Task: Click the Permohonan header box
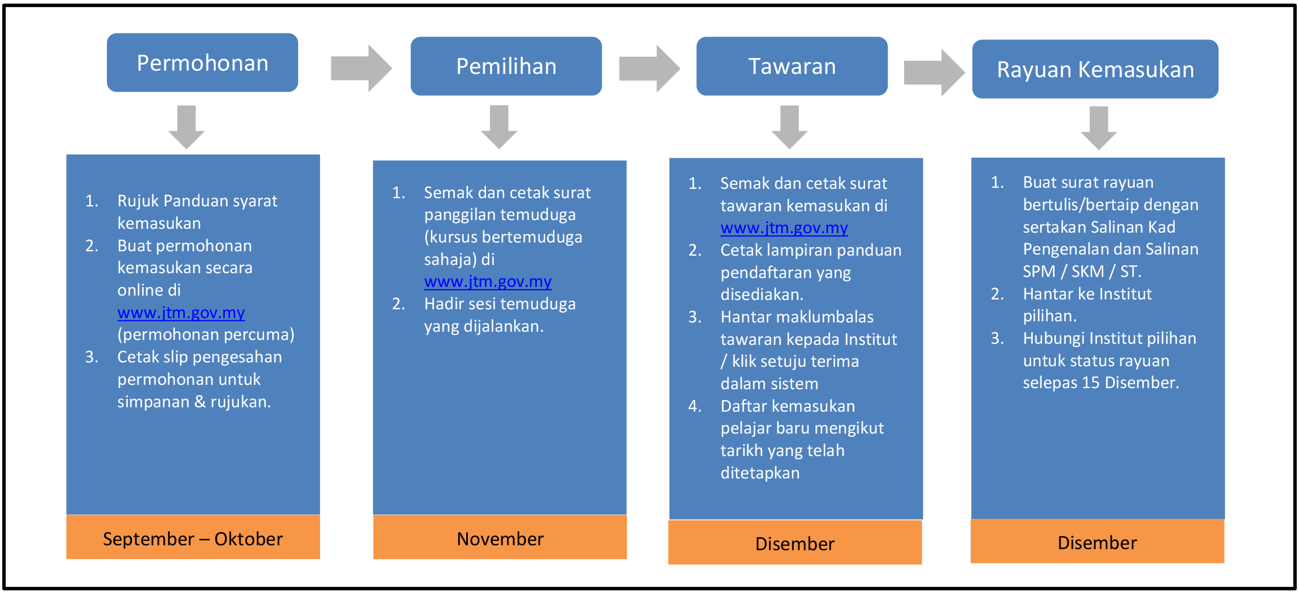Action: click(x=202, y=62)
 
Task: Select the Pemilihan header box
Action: click(x=506, y=66)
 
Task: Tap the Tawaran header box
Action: click(x=792, y=66)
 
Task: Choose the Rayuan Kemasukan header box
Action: click(x=1095, y=69)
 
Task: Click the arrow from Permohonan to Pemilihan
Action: click(x=362, y=68)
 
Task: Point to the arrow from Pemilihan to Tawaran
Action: click(x=650, y=68)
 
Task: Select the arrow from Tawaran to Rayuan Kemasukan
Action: click(x=934, y=72)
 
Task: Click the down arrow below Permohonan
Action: click(x=186, y=127)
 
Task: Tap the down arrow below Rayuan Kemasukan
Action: click(x=1098, y=128)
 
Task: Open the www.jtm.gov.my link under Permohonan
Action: click(x=181, y=313)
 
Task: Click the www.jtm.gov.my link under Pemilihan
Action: click(x=488, y=281)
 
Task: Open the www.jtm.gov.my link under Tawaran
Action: click(x=784, y=228)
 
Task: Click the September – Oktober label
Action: click(x=193, y=539)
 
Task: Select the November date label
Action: click(x=500, y=539)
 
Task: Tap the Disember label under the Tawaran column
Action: click(x=795, y=544)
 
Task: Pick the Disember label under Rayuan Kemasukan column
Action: click(x=1097, y=543)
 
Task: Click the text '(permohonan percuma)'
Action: click(x=206, y=335)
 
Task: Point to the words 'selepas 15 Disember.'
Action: click(x=1101, y=382)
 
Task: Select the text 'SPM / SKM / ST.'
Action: click(x=1082, y=271)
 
